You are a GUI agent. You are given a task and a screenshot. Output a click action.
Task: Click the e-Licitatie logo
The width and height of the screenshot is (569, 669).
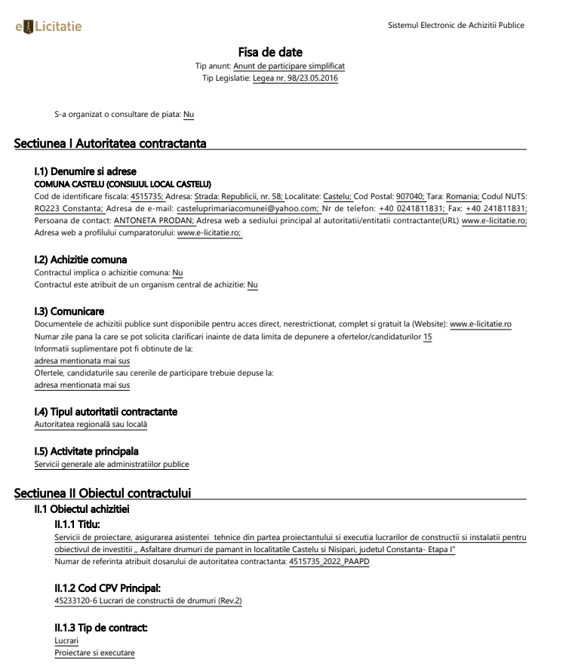tap(48, 27)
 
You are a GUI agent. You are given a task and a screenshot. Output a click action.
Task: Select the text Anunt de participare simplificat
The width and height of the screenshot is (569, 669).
tap(289, 66)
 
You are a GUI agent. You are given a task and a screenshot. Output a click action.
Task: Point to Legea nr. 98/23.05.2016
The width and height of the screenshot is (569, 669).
tap(296, 78)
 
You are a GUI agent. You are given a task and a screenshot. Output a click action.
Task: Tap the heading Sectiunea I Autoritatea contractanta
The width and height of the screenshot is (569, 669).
tap(110, 143)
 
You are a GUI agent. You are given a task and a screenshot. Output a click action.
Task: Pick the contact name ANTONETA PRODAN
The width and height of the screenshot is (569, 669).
tap(155, 221)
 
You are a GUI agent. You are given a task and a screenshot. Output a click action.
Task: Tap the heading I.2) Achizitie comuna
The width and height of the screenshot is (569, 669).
tap(81, 260)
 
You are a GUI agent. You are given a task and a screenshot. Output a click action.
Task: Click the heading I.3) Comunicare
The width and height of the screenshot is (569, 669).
tap(69, 311)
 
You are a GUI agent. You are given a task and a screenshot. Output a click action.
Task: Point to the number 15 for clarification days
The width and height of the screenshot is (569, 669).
tap(427, 336)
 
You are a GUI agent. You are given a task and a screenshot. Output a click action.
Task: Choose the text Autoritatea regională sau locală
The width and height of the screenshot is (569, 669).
tap(91, 425)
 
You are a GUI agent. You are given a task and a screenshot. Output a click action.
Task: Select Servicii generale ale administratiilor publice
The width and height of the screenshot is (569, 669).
tap(112, 464)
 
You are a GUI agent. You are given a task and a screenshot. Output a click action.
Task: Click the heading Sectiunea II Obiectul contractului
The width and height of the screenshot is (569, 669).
tap(103, 493)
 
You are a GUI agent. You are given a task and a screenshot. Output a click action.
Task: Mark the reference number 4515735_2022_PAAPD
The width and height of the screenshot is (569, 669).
tap(329, 561)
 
